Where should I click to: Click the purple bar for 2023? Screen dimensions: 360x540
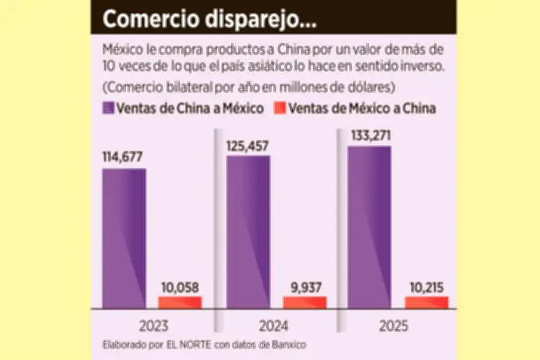[125, 238]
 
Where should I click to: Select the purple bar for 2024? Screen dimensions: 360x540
[248, 232]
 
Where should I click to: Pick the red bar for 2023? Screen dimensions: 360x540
[180, 303]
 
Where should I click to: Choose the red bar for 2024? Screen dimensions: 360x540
[305, 303]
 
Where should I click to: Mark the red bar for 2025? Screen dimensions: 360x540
[427, 303]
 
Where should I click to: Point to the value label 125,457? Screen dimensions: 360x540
[248, 145]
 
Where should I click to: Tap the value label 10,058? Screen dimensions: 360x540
[180, 286]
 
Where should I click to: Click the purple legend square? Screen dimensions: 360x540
[108, 108]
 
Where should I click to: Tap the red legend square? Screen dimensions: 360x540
[280, 108]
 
